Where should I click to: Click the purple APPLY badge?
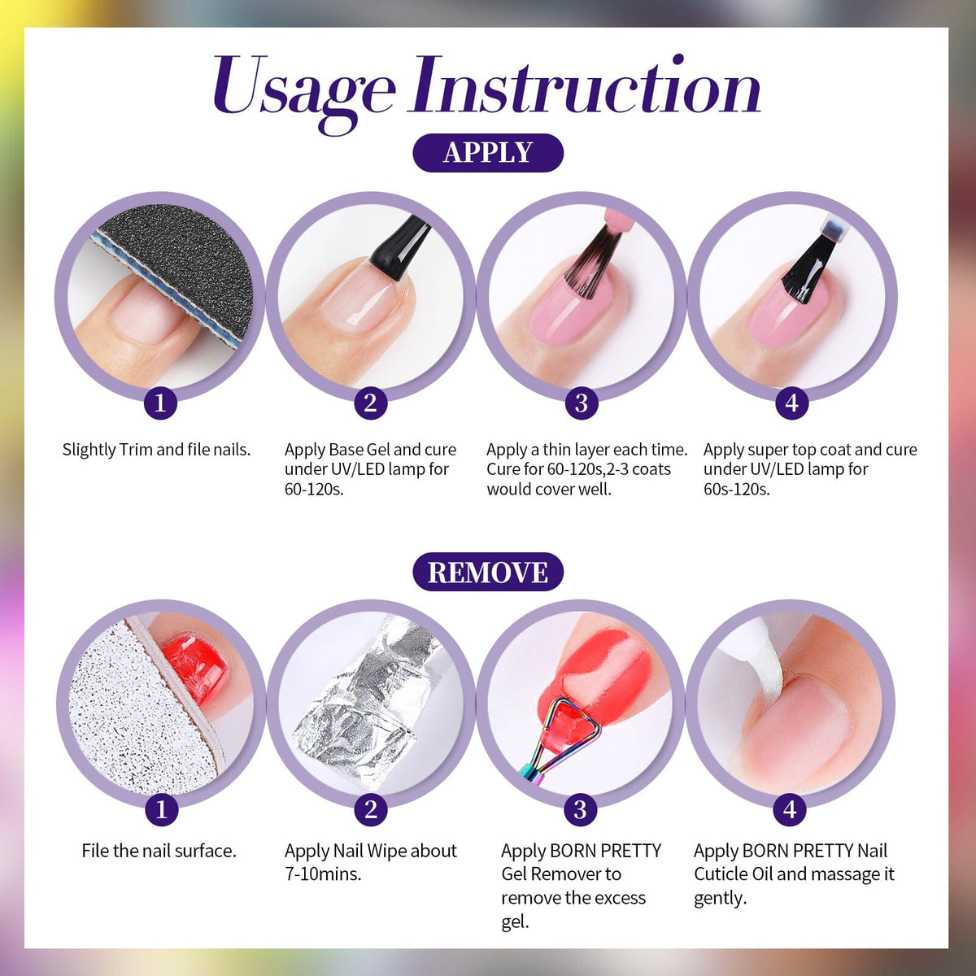pyautogui.click(x=488, y=152)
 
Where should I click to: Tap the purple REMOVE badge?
pyautogui.click(x=488, y=571)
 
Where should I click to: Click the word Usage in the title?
pyautogui.click(x=304, y=91)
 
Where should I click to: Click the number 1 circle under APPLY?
pyautogui.click(x=160, y=403)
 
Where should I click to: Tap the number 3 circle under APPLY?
pyautogui.click(x=582, y=403)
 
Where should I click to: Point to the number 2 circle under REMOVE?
pyautogui.click(x=371, y=809)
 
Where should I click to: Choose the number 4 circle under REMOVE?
pyautogui.click(x=790, y=809)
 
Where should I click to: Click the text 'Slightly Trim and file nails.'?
pyautogui.click(x=156, y=450)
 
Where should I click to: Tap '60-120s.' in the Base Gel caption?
pyautogui.click(x=314, y=490)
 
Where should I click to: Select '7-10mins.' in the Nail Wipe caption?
pyautogui.click(x=323, y=874)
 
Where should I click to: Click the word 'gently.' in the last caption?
pyautogui.click(x=721, y=899)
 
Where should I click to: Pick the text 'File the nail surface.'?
pyautogui.click(x=159, y=851)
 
